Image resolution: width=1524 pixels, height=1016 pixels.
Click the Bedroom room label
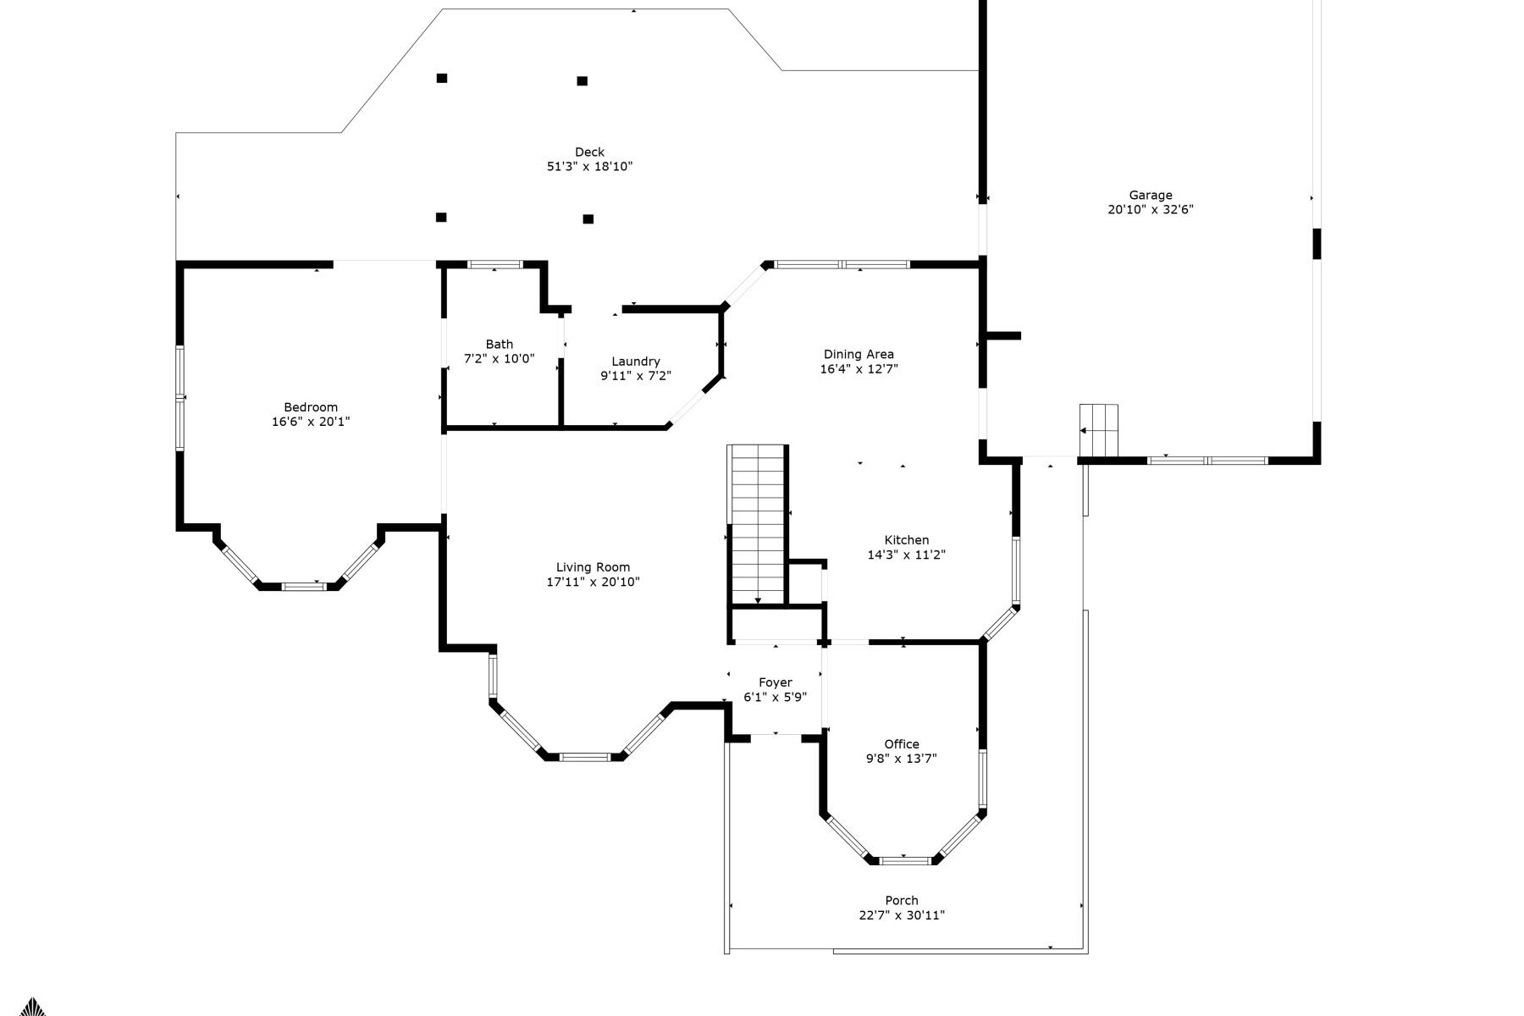(310, 407)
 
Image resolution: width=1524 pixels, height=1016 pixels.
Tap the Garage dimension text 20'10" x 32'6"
(1150, 210)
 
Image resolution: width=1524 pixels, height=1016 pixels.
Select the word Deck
(589, 152)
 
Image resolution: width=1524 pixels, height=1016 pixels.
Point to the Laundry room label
(635, 362)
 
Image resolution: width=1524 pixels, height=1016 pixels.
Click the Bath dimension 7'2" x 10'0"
(499, 359)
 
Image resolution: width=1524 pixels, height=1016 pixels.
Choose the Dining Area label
(859, 355)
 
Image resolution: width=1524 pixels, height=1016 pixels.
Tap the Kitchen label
(906, 540)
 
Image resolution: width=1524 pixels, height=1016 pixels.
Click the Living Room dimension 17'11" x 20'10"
(593, 583)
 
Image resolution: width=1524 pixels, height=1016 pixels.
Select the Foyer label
(775, 682)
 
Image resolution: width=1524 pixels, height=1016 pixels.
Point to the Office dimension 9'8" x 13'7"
(901, 759)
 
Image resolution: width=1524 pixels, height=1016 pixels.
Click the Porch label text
(901, 901)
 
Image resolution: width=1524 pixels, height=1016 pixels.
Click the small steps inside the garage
(1098, 420)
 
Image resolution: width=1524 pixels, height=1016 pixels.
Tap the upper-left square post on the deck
(441, 79)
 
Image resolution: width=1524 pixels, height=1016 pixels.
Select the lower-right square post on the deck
(588, 219)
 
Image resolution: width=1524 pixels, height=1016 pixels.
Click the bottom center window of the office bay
(904, 861)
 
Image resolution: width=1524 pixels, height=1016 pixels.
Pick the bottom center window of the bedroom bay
(302, 586)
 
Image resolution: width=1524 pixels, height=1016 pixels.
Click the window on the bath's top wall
(495, 265)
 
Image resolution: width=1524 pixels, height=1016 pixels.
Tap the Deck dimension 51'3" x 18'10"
(589, 167)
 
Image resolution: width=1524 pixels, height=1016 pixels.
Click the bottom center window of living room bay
(584, 757)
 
